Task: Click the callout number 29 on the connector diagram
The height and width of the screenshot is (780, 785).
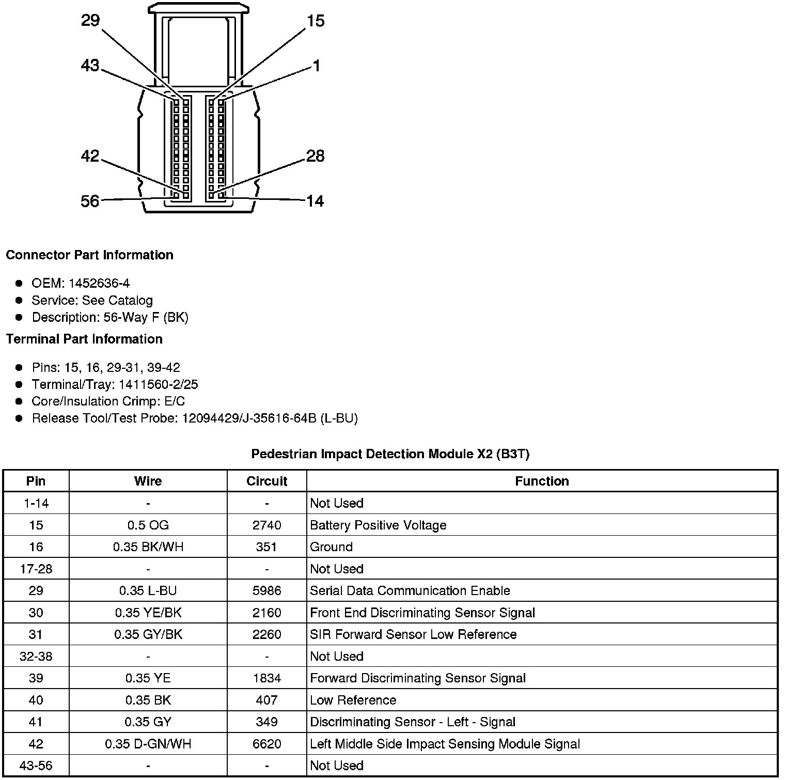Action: [x=90, y=21]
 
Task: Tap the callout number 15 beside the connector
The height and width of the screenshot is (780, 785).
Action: [x=315, y=21]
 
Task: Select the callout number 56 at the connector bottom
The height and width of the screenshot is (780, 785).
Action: [x=90, y=201]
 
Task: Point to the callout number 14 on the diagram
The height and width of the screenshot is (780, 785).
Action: [x=315, y=201]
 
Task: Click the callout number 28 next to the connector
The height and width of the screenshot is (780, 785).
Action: [x=315, y=156]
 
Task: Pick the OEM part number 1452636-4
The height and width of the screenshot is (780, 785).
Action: [x=99, y=283]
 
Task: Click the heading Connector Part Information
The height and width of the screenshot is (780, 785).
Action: [x=89, y=255]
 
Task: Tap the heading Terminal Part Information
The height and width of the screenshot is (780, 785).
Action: [x=84, y=339]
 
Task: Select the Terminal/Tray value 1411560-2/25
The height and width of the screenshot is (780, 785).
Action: [x=158, y=384]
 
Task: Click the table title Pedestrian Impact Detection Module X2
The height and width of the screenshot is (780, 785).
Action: [x=390, y=454]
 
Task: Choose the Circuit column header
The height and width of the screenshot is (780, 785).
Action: [x=266, y=481]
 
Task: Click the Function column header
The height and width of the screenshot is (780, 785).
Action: [x=542, y=481]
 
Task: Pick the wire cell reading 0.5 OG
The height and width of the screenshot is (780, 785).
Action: [x=148, y=525]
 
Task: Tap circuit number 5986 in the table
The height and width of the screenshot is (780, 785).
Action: [x=266, y=590]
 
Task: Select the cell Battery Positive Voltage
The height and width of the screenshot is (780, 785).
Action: [x=378, y=525]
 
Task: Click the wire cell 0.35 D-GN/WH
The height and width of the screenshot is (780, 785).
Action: [x=148, y=744]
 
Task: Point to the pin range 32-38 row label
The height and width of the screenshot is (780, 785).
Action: [x=36, y=656]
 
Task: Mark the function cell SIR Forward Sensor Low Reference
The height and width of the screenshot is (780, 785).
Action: [x=413, y=634]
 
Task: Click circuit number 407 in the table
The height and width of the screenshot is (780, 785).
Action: [x=266, y=700]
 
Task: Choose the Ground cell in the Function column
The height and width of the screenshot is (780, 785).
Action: [x=331, y=547]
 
